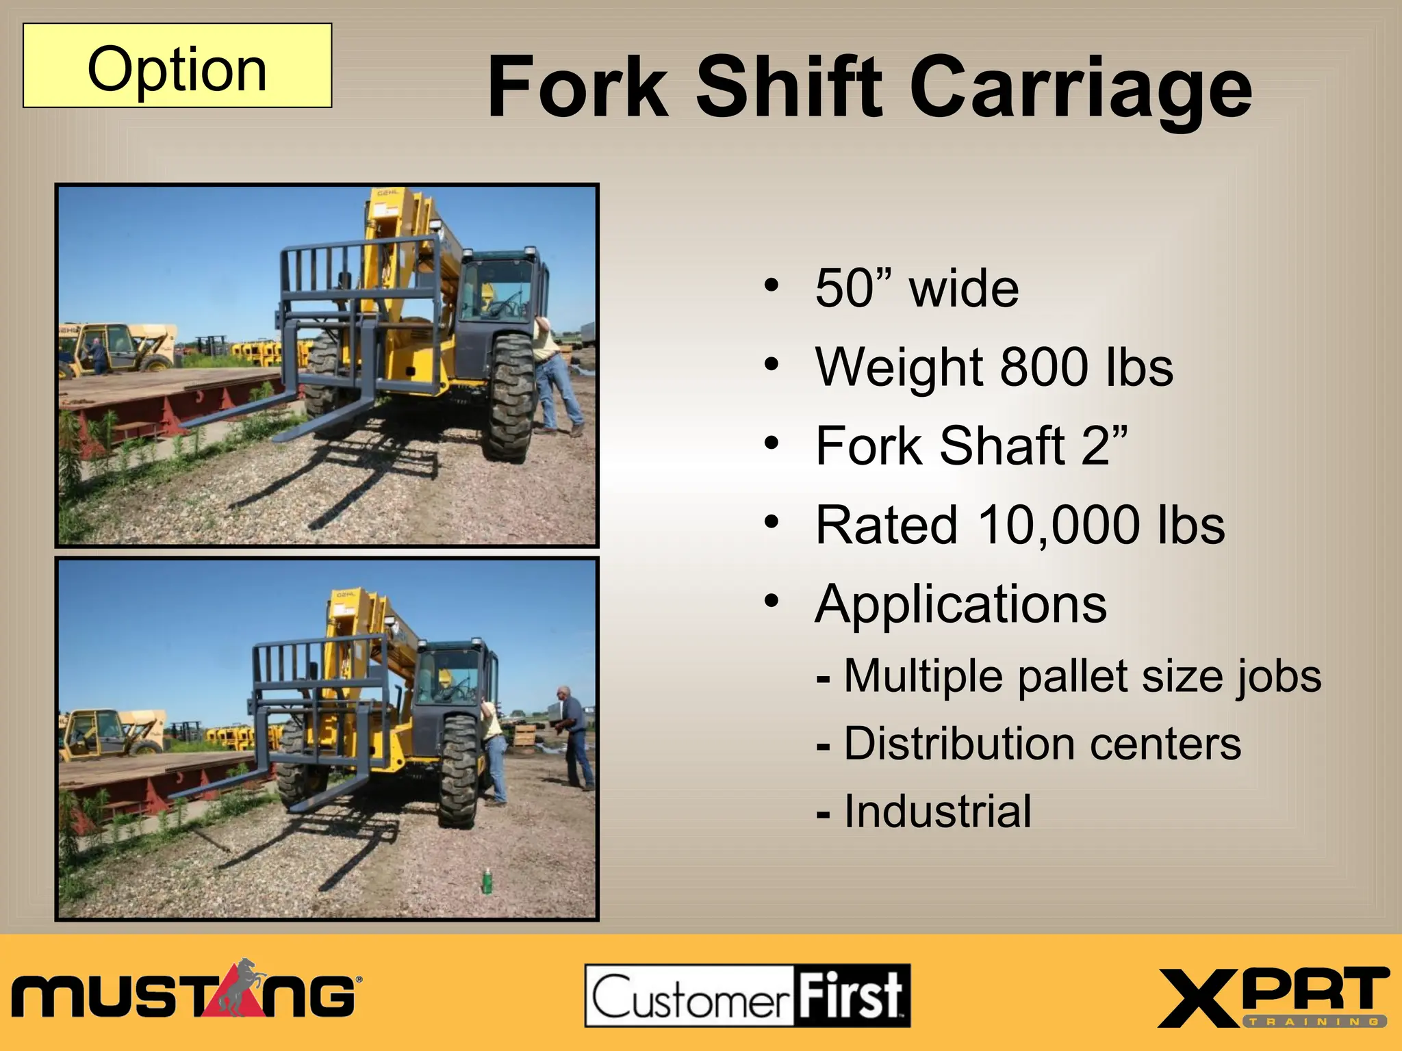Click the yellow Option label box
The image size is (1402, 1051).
click(177, 66)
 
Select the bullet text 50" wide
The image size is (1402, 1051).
click(917, 288)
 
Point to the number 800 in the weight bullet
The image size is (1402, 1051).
click(1043, 367)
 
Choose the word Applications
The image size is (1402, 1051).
click(960, 604)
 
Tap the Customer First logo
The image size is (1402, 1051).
click(747, 996)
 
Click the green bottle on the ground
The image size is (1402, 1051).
click(487, 881)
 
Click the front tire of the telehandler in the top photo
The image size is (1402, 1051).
click(509, 397)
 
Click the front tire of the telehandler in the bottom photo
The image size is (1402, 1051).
click(459, 770)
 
